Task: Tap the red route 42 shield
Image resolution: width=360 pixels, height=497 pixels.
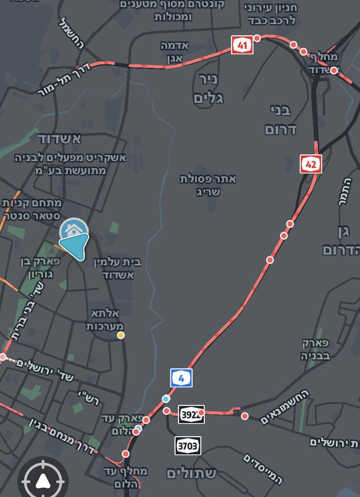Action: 311,163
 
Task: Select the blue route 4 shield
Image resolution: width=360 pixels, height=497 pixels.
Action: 181,378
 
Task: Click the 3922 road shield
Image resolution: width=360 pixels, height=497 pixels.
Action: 191,414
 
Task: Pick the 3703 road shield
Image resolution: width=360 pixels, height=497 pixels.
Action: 188,446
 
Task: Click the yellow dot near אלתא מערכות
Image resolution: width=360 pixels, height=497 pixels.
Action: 121,335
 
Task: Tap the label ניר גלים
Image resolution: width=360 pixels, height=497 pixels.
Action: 208,89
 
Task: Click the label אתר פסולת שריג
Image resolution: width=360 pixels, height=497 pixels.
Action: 208,185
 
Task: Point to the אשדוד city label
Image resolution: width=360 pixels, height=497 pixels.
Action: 60,139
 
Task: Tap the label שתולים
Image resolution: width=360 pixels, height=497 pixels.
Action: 191,473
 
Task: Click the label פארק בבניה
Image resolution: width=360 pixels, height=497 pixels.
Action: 316,349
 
